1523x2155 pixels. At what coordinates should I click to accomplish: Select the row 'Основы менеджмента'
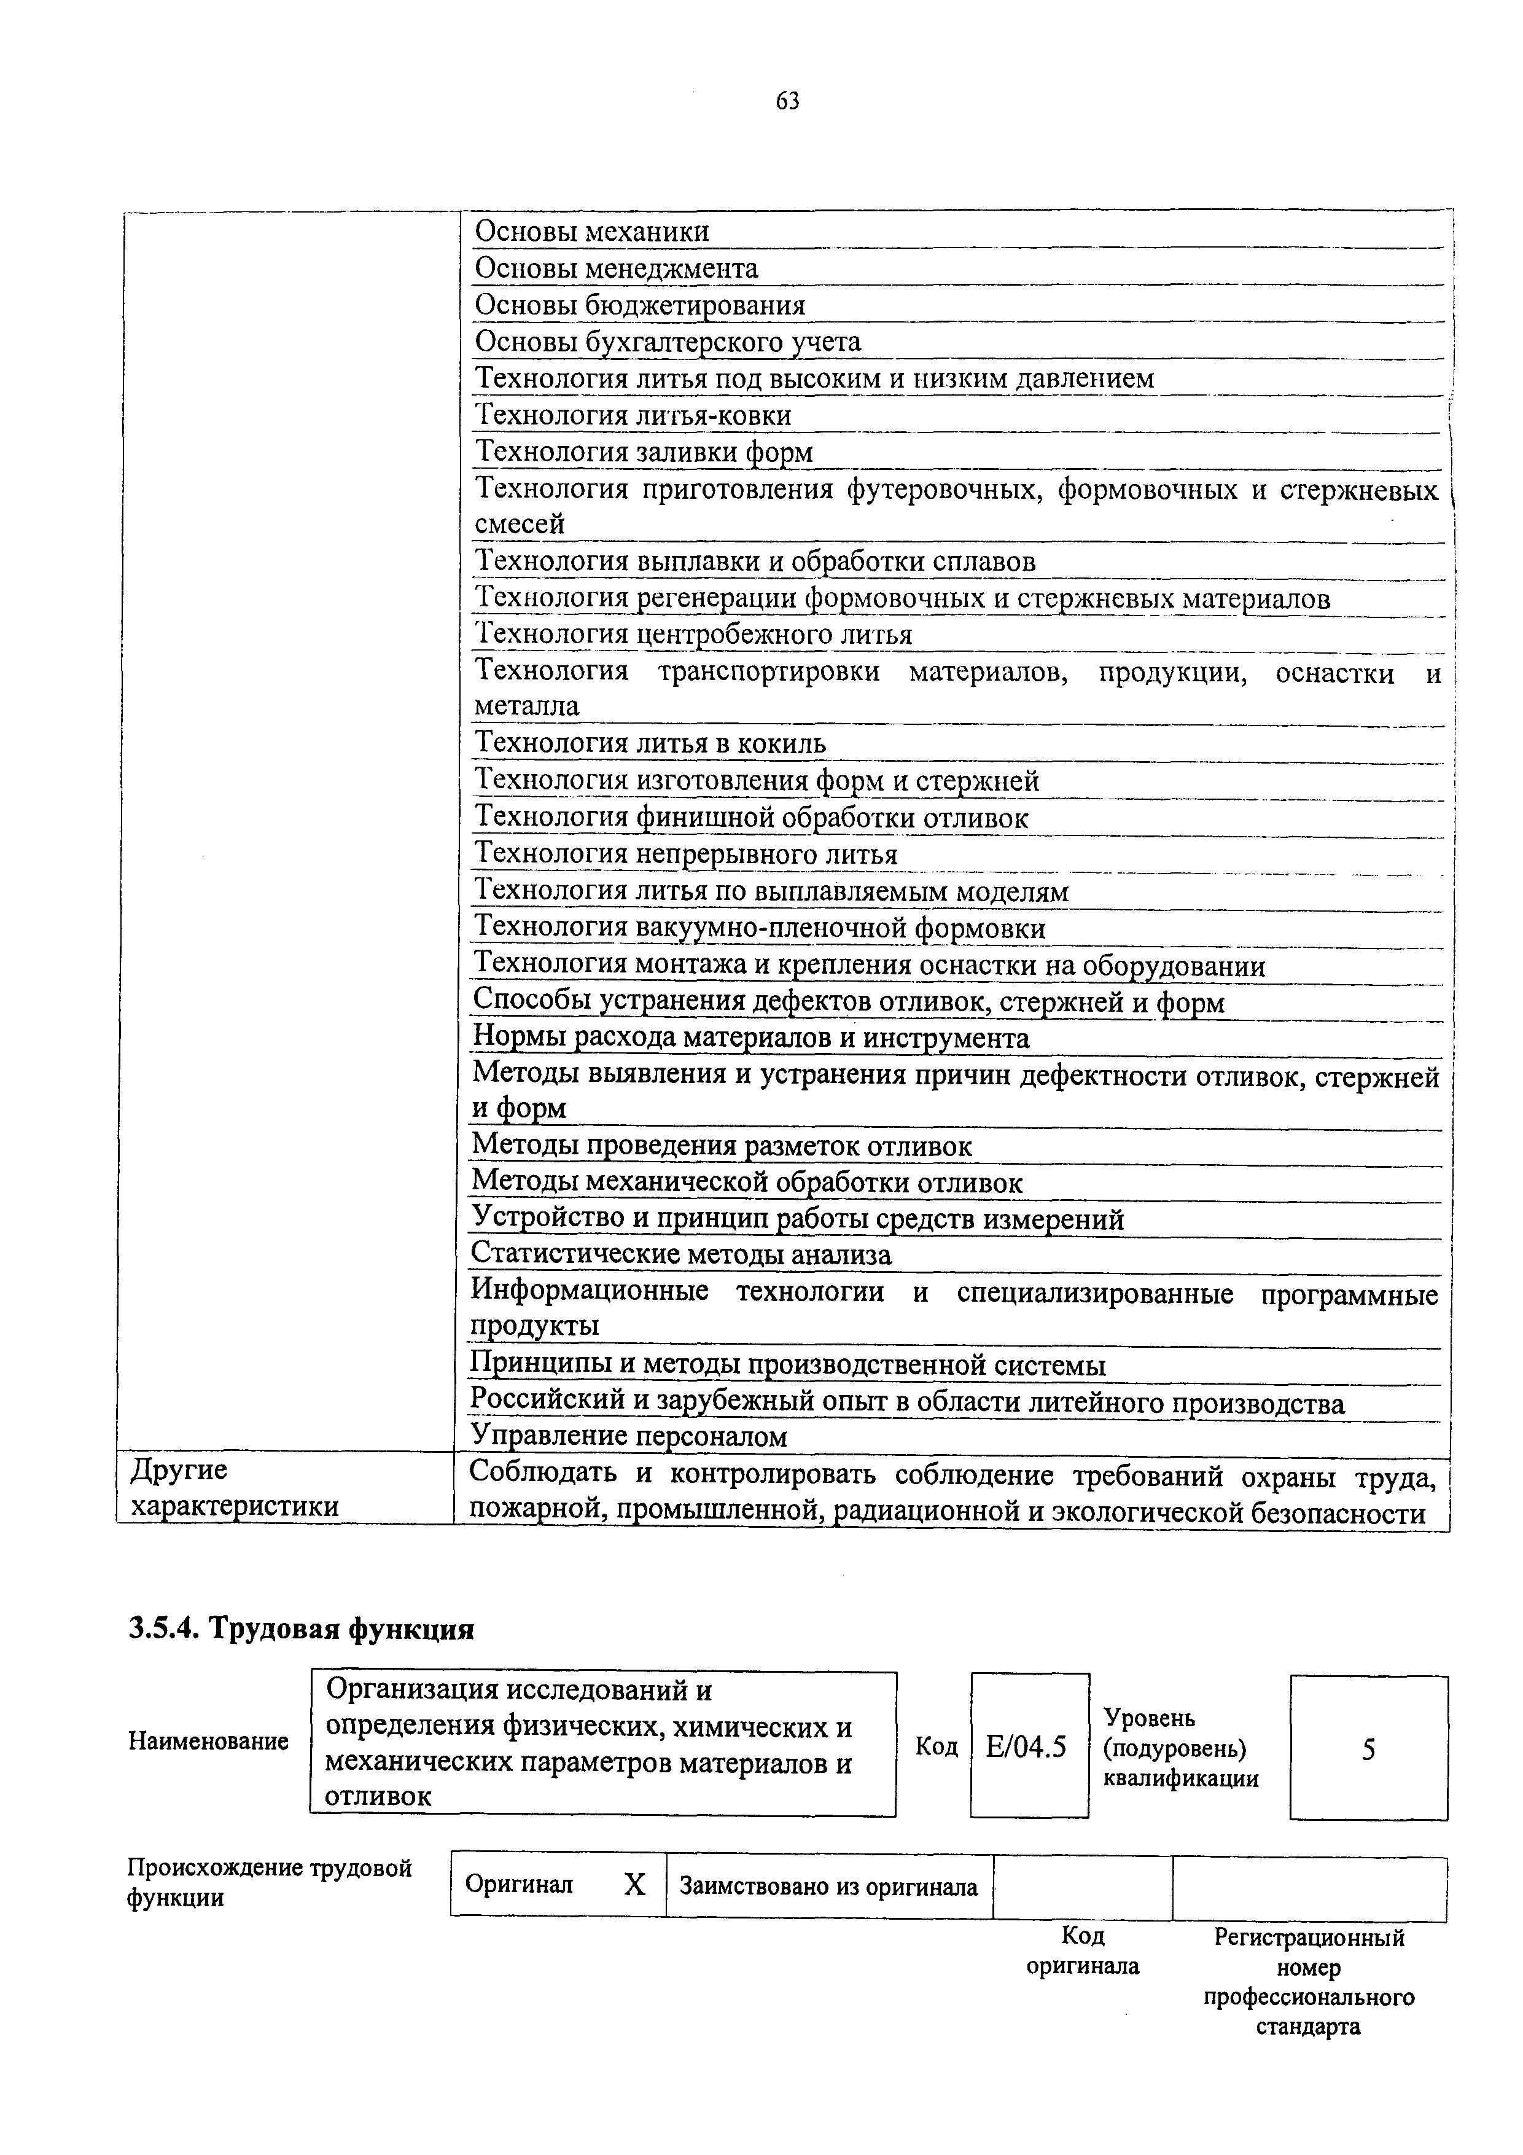[x=615, y=268]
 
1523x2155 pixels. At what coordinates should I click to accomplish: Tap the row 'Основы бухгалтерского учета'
[x=667, y=342]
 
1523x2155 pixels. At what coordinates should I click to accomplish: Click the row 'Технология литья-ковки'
[x=633, y=415]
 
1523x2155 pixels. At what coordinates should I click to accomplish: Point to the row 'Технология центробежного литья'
[x=693, y=635]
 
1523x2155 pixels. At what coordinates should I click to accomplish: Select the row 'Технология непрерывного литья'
[x=685, y=854]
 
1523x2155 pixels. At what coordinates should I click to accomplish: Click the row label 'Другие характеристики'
[x=235, y=1488]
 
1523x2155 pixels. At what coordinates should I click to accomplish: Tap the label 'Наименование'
[x=208, y=1741]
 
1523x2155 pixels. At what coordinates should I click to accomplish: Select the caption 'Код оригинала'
[x=1083, y=1951]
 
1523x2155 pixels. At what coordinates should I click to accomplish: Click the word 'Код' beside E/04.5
[x=937, y=1746]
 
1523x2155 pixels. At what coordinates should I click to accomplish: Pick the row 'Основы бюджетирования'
[x=639, y=305]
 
